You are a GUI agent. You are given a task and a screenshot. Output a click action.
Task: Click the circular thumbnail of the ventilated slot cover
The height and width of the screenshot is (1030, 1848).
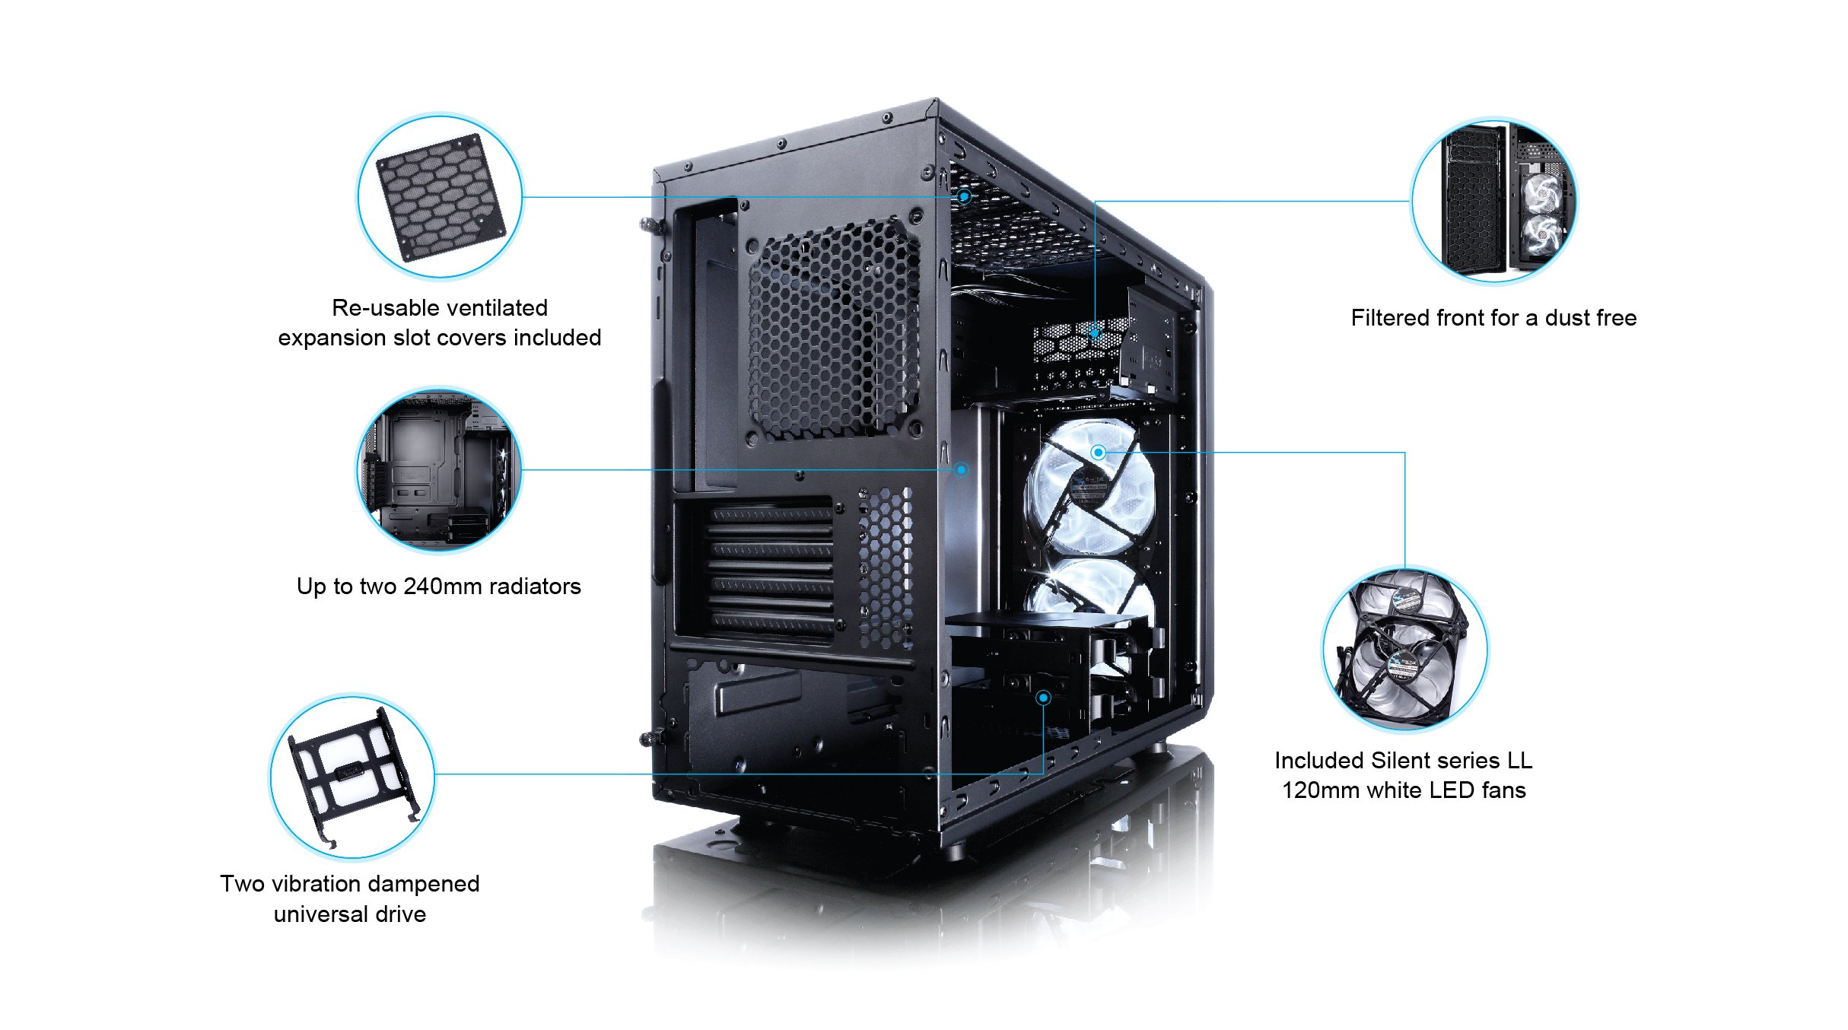[440, 196]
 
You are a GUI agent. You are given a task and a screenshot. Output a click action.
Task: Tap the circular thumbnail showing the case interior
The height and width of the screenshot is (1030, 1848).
[440, 469]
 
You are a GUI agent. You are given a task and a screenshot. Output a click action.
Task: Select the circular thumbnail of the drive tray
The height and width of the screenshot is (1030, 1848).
[352, 776]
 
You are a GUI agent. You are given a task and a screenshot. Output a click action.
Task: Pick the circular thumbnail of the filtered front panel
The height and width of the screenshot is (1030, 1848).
[1494, 201]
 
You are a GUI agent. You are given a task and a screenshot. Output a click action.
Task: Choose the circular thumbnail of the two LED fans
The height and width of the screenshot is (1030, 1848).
[1405, 649]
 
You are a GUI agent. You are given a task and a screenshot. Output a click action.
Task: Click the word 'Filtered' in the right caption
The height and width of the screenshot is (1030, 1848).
[1387, 318]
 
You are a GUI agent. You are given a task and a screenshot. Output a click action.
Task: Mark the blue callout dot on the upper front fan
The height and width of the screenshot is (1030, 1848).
[1098, 453]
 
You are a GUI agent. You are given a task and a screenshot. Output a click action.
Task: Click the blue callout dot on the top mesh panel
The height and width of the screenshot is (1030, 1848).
[964, 196]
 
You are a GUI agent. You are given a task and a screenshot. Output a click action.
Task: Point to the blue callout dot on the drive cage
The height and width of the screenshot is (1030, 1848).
[1044, 698]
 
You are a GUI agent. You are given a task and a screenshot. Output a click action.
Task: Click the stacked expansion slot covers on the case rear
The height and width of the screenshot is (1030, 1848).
[770, 569]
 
